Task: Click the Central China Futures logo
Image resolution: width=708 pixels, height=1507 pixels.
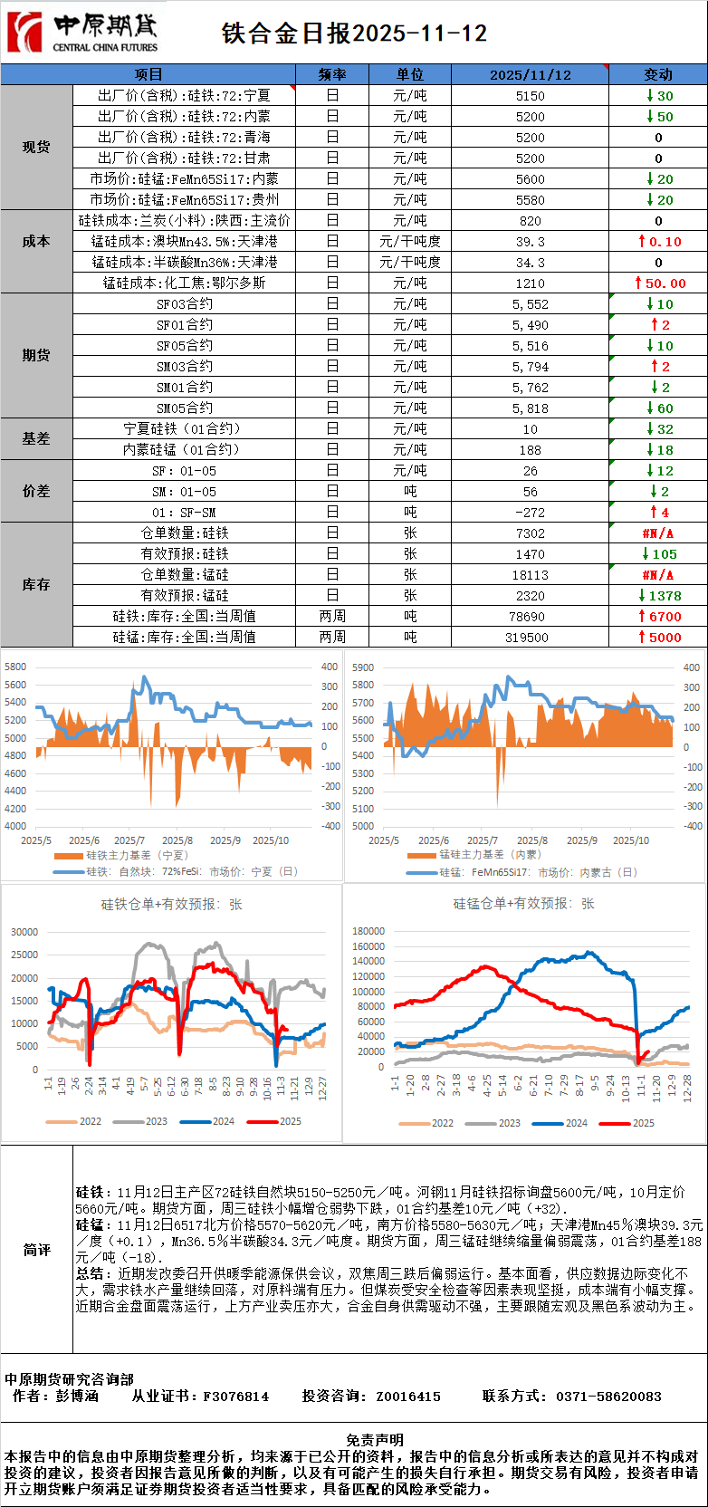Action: tap(82, 33)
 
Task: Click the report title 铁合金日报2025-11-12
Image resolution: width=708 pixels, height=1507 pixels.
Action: tap(354, 34)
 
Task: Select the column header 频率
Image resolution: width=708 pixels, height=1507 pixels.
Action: tap(332, 74)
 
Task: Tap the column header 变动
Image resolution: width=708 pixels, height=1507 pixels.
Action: tap(657, 74)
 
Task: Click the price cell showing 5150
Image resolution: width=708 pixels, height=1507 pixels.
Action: tap(530, 96)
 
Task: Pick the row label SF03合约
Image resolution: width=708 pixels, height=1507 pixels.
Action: tap(184, 304)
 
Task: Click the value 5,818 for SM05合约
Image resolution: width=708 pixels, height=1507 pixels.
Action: tap(530, 408)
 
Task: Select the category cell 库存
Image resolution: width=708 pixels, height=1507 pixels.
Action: tap(36, 585)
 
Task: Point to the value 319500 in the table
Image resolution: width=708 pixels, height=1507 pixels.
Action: tap(530, 638)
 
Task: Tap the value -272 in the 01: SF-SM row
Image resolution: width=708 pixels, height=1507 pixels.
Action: tap(530, 513)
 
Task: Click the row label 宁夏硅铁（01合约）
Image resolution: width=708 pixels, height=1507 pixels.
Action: tap(184, 429)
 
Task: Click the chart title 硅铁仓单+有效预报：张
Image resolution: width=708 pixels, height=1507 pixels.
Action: tap(171, 904)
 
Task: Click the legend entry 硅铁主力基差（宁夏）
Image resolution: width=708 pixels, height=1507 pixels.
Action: tap(136, 855)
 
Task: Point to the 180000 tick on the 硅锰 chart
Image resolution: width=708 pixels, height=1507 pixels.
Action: tap(368, 931)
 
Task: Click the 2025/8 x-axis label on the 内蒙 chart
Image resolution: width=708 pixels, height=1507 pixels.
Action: tap(532, 840)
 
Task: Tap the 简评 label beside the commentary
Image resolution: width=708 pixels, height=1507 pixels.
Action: tap(36, 1250)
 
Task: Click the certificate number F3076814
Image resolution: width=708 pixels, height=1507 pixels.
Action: tap(235, 1397)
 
